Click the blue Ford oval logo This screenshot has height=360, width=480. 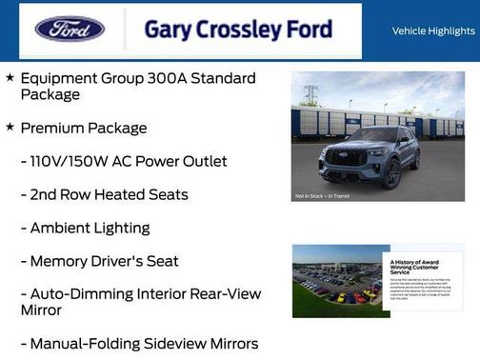(70, 29)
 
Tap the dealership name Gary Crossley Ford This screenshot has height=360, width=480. (238, 30)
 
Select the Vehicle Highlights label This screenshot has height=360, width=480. (433, 31)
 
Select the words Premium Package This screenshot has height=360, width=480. (84, 128)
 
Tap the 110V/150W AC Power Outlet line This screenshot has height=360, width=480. (124, 161)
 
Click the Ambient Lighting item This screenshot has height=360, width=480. (86, 228)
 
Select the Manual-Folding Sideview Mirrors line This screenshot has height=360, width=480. (139, 344)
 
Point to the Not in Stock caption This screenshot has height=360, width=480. (321, 197)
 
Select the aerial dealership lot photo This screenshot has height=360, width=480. (338, 281)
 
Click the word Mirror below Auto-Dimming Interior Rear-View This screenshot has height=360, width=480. (42, 310)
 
